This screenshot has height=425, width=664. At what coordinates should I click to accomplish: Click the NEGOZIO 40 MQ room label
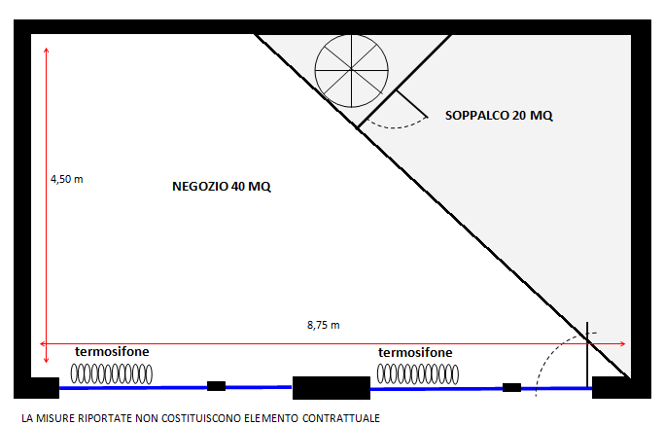(x=222, y=187)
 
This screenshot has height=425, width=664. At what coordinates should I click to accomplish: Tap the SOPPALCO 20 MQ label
(x=499, y=116)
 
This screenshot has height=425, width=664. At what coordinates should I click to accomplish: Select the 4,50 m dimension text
(x=67, y=179)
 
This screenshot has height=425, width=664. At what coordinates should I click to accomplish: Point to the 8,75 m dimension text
(x=323, y=325)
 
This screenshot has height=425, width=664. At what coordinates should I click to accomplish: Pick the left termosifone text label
(x=112, y=351)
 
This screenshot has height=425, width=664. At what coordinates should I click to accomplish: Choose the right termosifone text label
(x=415, y=352)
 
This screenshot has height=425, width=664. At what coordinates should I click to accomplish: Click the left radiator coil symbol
(x=112, y=374)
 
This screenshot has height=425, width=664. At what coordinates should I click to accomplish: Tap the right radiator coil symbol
(x=417, y=374)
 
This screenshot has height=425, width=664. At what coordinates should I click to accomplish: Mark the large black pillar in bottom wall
(x=332, y=388)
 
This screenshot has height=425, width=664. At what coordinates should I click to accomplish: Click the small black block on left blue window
(x=216, y=386)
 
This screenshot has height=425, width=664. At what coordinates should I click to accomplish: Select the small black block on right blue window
(x=511, y=387)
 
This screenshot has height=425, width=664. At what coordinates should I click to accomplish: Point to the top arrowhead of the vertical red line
(x=46, y=50)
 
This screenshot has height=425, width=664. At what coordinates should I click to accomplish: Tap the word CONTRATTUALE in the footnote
(x=341, y=418)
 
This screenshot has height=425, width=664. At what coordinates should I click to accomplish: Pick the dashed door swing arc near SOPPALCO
(x=396, y=127)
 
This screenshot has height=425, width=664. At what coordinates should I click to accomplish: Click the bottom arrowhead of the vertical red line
(x=46, y=362)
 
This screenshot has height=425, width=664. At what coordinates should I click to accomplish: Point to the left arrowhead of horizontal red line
(x=41, y=343)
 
